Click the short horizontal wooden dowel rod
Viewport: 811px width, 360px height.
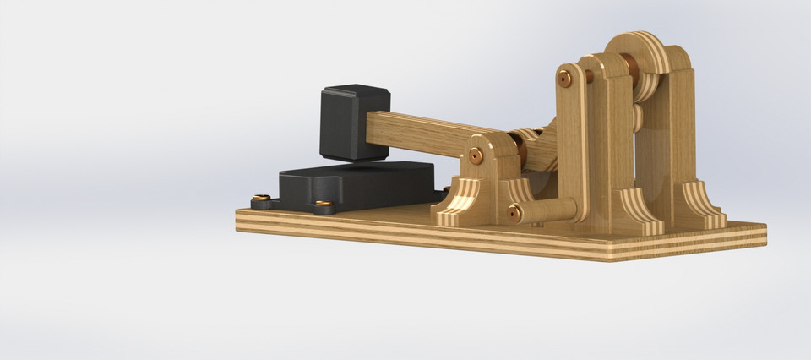549,208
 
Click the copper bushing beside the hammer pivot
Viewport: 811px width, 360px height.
523,152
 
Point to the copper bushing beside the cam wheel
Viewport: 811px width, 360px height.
630,68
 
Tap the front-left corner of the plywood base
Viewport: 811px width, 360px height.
238,221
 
